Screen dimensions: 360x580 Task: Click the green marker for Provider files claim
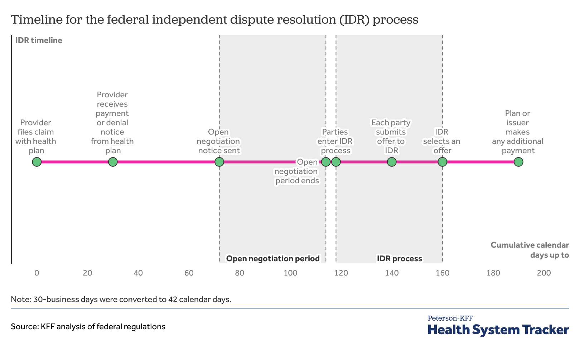click(x=37, y=162)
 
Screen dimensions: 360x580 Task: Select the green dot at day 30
click(x=113, y=162)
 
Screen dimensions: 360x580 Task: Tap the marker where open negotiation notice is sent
click(x=219, y=162)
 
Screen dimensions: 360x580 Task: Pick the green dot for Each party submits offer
click(x=392, y=162)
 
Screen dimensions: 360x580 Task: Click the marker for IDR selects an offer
click(x=443, y=162)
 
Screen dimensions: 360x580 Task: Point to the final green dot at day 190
click(x=518, y=162)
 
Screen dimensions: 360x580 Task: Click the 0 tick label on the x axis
click(x=37, y=273)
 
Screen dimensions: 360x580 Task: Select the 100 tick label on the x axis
click(x=290, y=273)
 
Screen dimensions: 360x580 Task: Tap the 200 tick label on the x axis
click(x=544, y=273)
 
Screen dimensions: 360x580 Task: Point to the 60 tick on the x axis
click(x=189, y=273)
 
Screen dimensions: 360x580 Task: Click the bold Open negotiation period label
click(x=273, y=258)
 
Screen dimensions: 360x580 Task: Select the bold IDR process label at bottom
click(x=399, y=258)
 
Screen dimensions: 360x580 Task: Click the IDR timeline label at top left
click(x=39, y=40)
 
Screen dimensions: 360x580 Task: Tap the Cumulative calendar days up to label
click(x=530, y=250)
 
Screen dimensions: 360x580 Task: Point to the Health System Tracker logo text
click(x=498, y=330)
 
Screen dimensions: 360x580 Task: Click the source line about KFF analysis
click(x=88, y=326)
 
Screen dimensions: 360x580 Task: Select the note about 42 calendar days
click(x=121, y=299)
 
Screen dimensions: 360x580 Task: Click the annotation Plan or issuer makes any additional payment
click(x=517, y=132)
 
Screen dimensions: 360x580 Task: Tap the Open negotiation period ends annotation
click(x=297, y=171)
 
